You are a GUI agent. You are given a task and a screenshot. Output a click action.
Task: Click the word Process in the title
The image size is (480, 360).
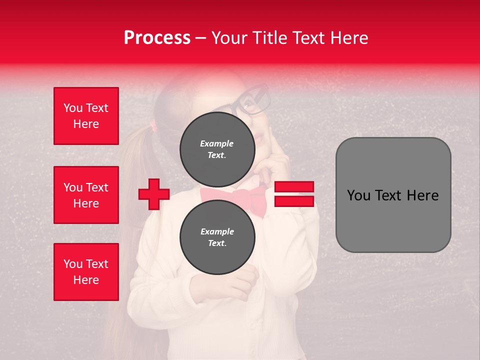click(157, 38)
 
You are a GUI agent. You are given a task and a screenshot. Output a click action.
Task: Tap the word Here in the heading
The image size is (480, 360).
click(349, 38)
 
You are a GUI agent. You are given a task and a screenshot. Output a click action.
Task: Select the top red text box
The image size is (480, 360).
click(86, 116)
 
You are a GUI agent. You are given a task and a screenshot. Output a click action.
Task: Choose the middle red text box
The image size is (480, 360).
click(86, 195)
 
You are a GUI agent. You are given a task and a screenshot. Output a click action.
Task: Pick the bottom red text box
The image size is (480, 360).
click(86, 272)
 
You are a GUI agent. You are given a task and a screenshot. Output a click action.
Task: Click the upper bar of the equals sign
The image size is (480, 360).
click(294, 187)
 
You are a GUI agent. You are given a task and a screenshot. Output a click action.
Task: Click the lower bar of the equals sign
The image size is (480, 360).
click(294, 201)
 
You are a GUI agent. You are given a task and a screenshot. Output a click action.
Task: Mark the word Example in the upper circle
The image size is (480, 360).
click(217, 143)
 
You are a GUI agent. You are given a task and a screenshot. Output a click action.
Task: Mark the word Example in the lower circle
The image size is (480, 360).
click(217, 231)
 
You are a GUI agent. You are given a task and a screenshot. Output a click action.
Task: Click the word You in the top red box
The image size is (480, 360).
click(72, 108)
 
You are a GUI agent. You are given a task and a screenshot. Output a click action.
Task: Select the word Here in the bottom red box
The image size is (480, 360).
click(86, 280)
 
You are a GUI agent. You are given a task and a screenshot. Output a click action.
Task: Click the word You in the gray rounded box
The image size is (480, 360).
click(358, 195)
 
